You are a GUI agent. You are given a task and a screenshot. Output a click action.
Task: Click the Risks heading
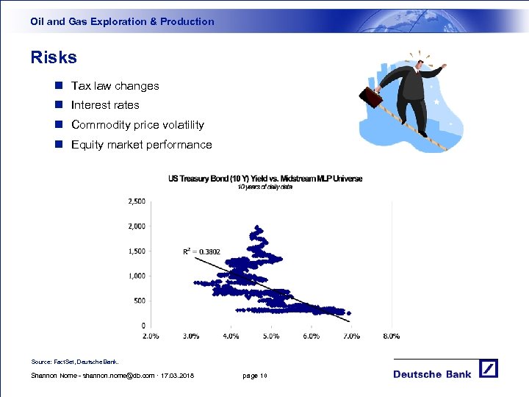point(54,57)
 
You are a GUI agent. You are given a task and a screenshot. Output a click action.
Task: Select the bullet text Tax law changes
point(115,86)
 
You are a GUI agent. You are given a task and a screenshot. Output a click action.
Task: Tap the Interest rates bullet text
point(105,105)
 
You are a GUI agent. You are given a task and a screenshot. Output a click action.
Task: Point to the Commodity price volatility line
point(137,125)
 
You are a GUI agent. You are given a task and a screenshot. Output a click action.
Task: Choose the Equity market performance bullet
point(141,145)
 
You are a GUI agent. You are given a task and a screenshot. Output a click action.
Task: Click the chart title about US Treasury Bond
point(265,179)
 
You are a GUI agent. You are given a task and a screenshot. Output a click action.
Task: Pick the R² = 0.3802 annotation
point(201,251)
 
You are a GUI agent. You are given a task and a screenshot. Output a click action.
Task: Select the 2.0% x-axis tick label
point(150,336)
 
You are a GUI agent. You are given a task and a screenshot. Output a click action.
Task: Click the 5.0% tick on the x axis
point(270,336)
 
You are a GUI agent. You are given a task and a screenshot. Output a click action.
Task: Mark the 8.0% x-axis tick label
point(391,336)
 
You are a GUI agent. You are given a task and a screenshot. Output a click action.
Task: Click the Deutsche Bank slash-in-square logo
point(488,369)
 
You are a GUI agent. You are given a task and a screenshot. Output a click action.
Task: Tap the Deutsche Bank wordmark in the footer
point(432,374)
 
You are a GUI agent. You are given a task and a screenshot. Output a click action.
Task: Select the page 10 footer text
point(255,376)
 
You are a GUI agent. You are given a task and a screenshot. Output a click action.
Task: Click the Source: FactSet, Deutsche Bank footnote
point(74,362)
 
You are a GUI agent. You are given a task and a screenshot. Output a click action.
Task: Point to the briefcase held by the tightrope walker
point(370,96)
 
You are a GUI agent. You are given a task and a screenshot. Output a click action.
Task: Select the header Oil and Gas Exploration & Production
point(122,22)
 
